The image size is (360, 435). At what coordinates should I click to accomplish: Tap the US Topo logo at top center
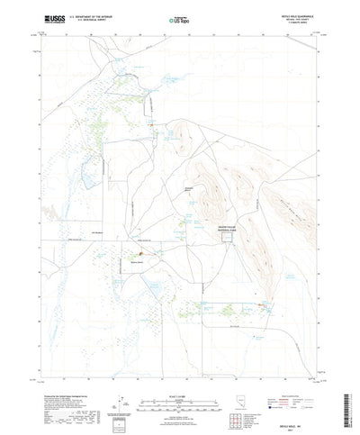178,18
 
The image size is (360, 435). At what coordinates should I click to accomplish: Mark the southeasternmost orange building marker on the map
264,309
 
